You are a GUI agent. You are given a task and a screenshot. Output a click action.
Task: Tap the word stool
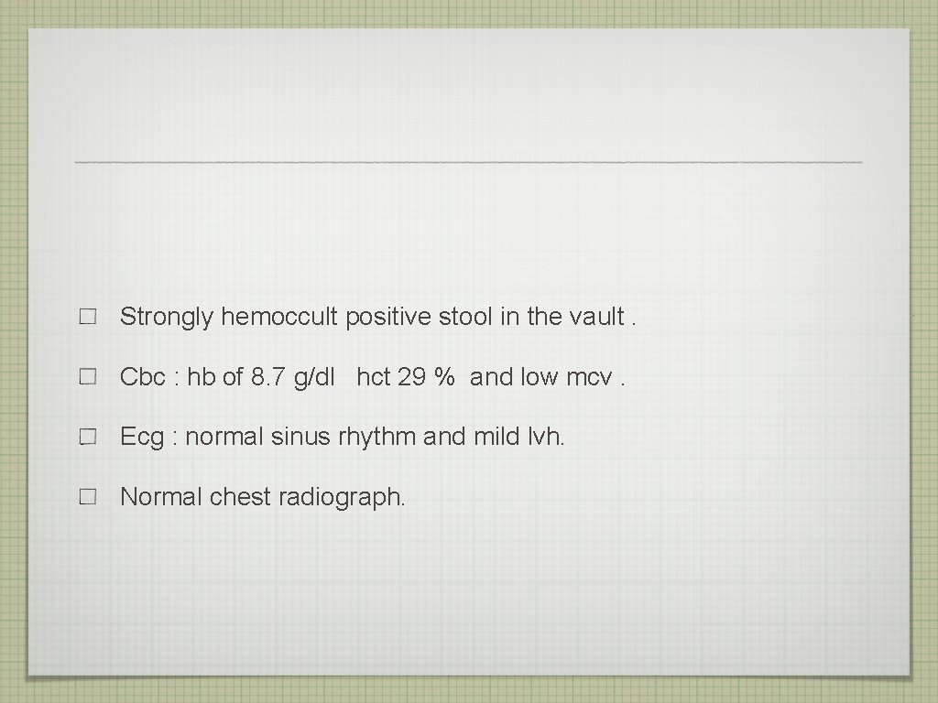[465, 318]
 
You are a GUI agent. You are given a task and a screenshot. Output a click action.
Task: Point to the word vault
[596, 318]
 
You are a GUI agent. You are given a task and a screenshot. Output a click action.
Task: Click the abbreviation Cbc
[143, 377]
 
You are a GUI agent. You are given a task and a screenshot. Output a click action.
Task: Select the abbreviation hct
[373, 377]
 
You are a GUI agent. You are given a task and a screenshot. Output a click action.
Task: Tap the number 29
[411, 377]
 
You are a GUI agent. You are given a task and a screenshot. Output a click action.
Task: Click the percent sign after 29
[445, 377]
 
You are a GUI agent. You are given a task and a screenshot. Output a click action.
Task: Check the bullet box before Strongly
[88, 319]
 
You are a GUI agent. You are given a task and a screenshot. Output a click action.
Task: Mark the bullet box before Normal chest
[88, 498]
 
